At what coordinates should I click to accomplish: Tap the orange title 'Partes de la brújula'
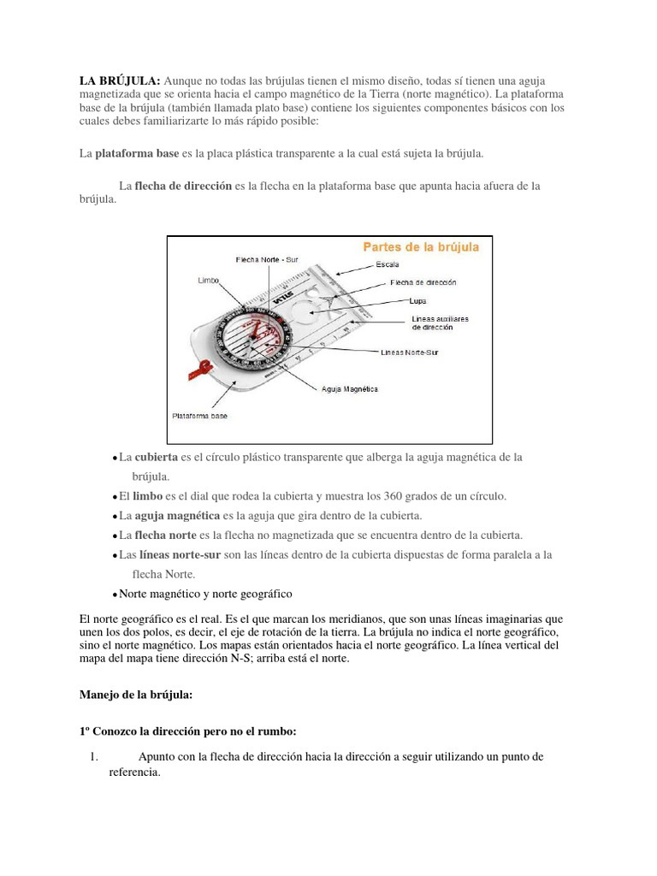[x=421, y=247]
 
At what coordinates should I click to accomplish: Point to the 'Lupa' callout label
[x=417, y=301]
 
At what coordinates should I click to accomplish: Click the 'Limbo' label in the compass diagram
[x=209, y=280]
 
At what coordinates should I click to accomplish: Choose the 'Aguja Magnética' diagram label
[x=349, y=388]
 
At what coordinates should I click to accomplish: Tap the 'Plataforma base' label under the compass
[x=199, y=416]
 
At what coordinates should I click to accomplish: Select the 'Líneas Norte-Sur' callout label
[x=409, y=352]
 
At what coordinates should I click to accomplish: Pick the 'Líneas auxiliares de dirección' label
[x=440, y=323]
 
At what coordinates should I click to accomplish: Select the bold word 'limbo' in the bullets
[x=147, y=496]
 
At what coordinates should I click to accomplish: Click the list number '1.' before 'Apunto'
[x=94, y=756]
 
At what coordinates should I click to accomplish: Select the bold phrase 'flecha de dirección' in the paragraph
[x=183, y=186]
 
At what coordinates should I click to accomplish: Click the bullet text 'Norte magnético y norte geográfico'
[x=205, y=594]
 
